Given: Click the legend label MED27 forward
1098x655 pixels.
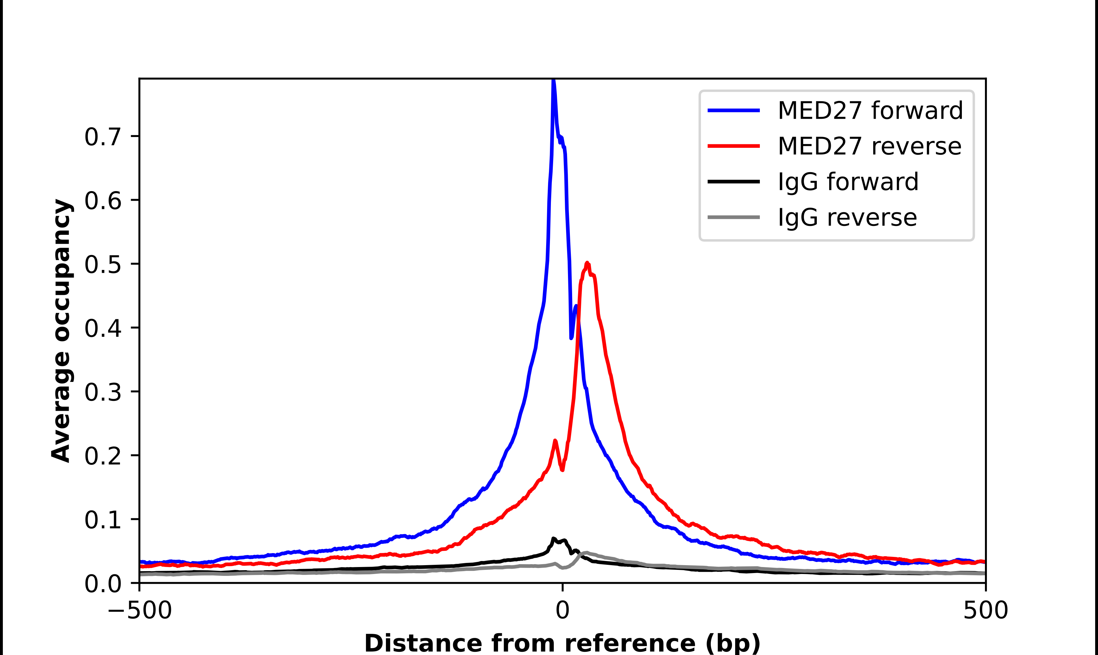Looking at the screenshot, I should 870,110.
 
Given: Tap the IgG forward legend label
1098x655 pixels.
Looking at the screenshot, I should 848,182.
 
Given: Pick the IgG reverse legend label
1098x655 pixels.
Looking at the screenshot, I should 847,218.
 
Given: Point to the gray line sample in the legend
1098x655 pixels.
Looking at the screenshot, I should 734,217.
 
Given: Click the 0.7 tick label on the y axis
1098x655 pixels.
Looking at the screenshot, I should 103,136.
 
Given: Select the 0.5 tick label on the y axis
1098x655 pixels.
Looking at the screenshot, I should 103,265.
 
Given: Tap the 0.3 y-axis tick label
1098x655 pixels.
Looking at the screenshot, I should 103,392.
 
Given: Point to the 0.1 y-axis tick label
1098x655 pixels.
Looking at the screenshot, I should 103,520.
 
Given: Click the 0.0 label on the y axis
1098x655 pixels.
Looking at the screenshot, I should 103,583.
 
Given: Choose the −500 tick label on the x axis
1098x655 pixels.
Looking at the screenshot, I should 140,610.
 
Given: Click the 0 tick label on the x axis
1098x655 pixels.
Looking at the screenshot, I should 562,610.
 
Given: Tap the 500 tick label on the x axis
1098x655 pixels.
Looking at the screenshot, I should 985,610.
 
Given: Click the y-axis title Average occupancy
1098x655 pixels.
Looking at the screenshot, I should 61,331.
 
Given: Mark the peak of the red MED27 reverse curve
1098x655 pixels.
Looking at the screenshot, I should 587,264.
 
